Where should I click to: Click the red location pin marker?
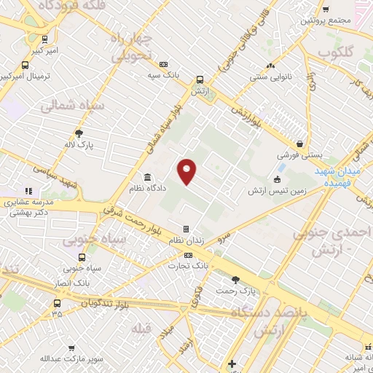point(187,170)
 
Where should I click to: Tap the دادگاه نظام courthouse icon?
point(148,178)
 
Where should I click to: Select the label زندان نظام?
point(185,240)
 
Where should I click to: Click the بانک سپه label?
point(163,75)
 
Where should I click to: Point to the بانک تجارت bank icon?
point(189,256)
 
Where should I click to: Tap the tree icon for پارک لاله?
point(79,133)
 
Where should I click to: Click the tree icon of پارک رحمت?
point(235,280)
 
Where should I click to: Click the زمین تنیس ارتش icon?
point(277,179)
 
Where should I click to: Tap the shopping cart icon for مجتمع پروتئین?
point(326,9)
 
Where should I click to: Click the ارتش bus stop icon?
point(199,79)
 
